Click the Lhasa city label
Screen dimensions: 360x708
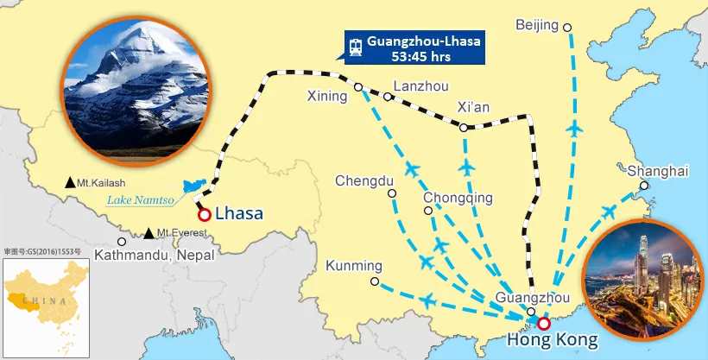tap(239, 213)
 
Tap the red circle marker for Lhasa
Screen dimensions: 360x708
tap(205, 215)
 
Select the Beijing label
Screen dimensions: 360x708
tap(537, 25)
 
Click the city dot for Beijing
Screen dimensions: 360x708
tap(567, 28)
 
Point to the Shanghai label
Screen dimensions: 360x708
tap(659, 171)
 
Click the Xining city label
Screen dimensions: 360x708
tap(327, 97)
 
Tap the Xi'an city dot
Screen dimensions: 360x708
tap(464, 128)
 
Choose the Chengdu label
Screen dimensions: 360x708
tap(364, 181)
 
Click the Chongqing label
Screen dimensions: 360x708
tap(458, 198)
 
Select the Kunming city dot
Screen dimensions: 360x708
tap(374, 281)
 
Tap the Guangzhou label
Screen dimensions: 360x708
tap(534, 298)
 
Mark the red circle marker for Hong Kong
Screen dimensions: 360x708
tap(543, 324)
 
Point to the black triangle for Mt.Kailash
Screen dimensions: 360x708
tap(70, 183)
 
